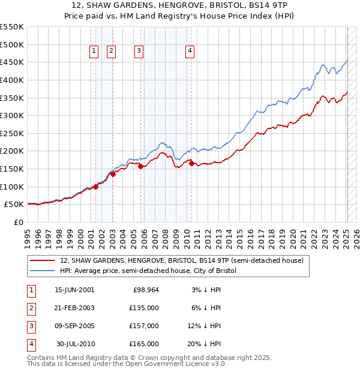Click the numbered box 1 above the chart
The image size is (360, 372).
pyautogui.click(x=95, y=52)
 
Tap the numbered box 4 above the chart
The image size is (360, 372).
pyautogui.click(x=190, y=52)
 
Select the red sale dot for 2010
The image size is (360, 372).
pyautogui.click(x=191, y=163)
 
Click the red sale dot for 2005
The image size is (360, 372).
pyautogui.click(x=141, y=166)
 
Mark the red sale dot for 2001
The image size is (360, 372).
pyautogui.click(x=95, y=187)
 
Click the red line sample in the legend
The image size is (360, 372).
pyautogui.click(x=42, y=260)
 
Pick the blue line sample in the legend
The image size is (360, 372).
pyautogui.click(x=42, y=271)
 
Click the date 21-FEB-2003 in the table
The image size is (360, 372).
pyautogui.click(x=74, y=308)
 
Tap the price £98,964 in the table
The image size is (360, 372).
pyautogui.click(x=145, y=290)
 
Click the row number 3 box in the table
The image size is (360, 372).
pyautogui.click(x=30, y=326)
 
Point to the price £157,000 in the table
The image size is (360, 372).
pyautogui.click(x=145, y=326)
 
